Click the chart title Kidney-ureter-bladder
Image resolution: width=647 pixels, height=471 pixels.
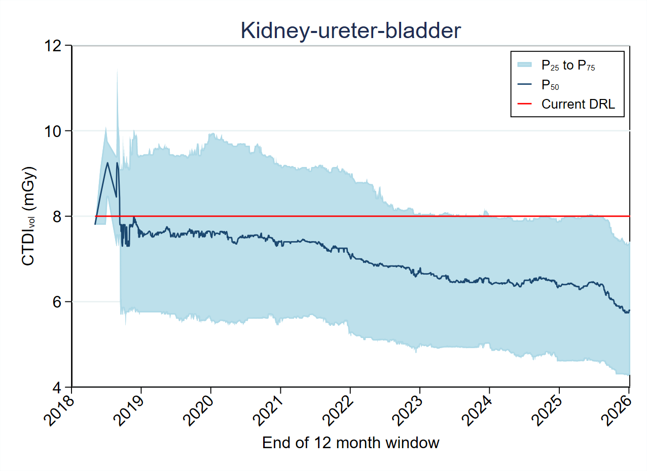[351, 31]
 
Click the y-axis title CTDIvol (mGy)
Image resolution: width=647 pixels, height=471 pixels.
[29, 216]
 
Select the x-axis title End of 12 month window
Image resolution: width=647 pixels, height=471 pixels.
[350, 443]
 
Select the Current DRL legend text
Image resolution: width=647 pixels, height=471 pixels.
[578, 104]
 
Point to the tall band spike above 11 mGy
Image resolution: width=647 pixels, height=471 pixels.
[117, 74]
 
